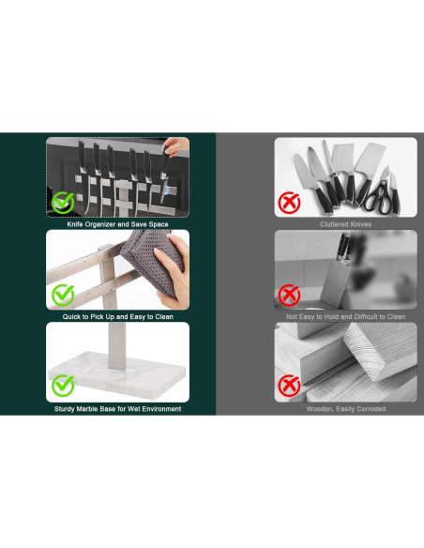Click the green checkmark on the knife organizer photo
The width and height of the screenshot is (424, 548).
pos(63,203)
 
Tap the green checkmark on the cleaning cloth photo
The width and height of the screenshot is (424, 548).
pos(63,296)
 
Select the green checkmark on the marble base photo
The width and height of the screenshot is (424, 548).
pos(63,386)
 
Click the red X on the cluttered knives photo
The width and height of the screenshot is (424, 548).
pos(289,203)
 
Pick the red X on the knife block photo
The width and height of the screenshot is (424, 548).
pos(289,296)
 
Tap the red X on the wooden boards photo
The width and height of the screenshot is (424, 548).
pos(289,386)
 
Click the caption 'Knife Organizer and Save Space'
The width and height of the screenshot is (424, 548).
pos(117,224)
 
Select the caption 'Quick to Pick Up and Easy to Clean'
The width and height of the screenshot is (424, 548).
pos(117,316)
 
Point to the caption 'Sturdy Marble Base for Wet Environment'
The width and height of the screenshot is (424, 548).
pos(117,409)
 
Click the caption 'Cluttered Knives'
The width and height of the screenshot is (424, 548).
pos(346,224)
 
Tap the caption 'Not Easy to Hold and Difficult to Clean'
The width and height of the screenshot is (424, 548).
pos(346,316)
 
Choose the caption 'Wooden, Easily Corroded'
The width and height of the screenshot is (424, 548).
pos(346,409)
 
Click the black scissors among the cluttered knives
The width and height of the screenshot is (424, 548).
pos(379,197)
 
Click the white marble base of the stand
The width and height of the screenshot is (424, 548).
pos(116,378)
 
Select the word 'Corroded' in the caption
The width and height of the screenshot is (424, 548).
pos(371,409)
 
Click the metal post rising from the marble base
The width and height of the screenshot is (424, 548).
pos(116,346)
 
